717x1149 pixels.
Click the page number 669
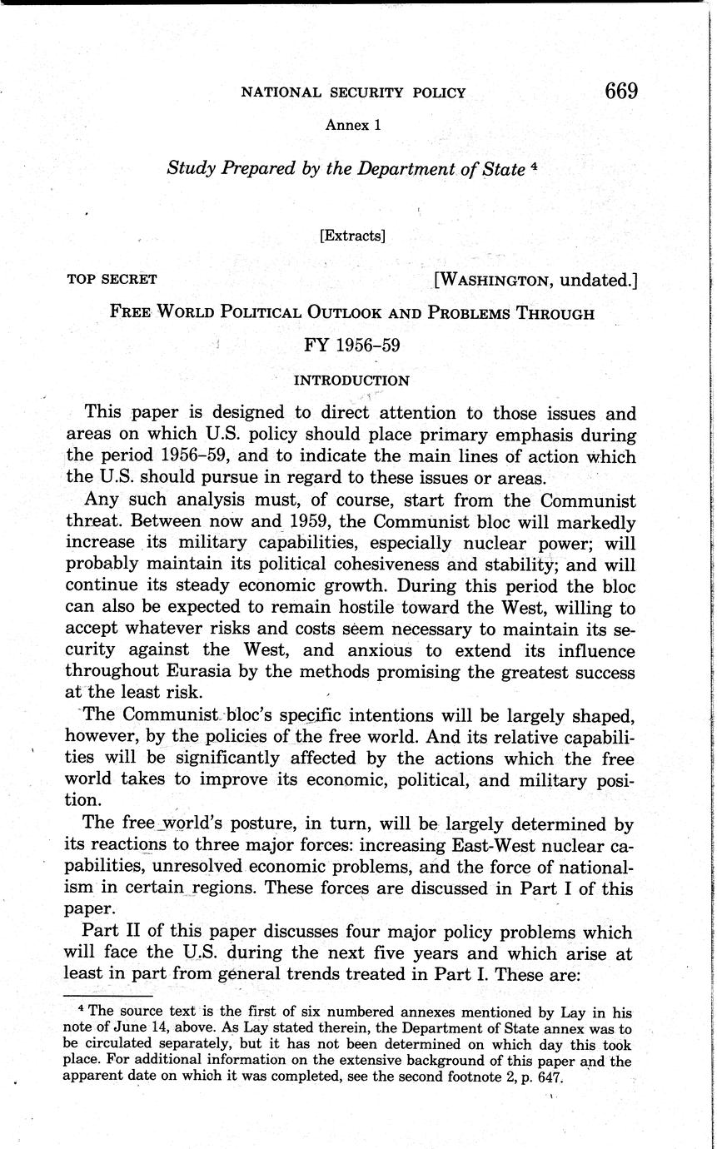click(x=620, y=91)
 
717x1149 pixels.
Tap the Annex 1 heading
click(x=353, y=125)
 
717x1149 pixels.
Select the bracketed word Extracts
click(x=352, y=236)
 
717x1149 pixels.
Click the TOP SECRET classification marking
click(x=112, y=280)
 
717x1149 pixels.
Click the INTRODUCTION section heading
click(x=352, y=381)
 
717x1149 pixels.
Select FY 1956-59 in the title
click(x=352, y=345)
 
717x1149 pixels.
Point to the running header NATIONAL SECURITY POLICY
click(x=353, y=92)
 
